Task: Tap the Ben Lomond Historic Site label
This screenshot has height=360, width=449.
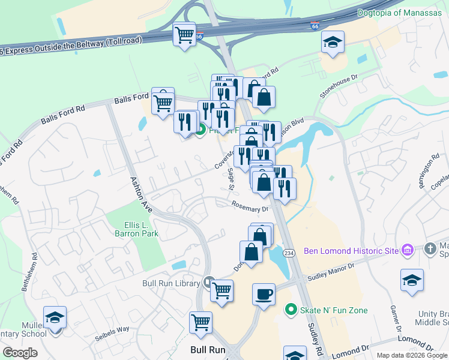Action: pyautogui.click(x=351, y=250)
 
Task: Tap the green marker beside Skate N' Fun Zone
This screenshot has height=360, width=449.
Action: pyautogui.click(x=291, y=310)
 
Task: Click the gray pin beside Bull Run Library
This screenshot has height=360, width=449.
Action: pyautogui.click(x=208, y=281)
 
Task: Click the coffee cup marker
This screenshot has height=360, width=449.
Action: pyautogui.click(x=264, y=295)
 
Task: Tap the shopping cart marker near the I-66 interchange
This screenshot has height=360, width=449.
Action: pyautogui.click(x=184, y=34)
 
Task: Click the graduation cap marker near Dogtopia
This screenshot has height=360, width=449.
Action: pyautogui.click(x=333, y=43)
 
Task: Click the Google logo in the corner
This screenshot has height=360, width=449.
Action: pyautogui.click(x=20, y=353)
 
